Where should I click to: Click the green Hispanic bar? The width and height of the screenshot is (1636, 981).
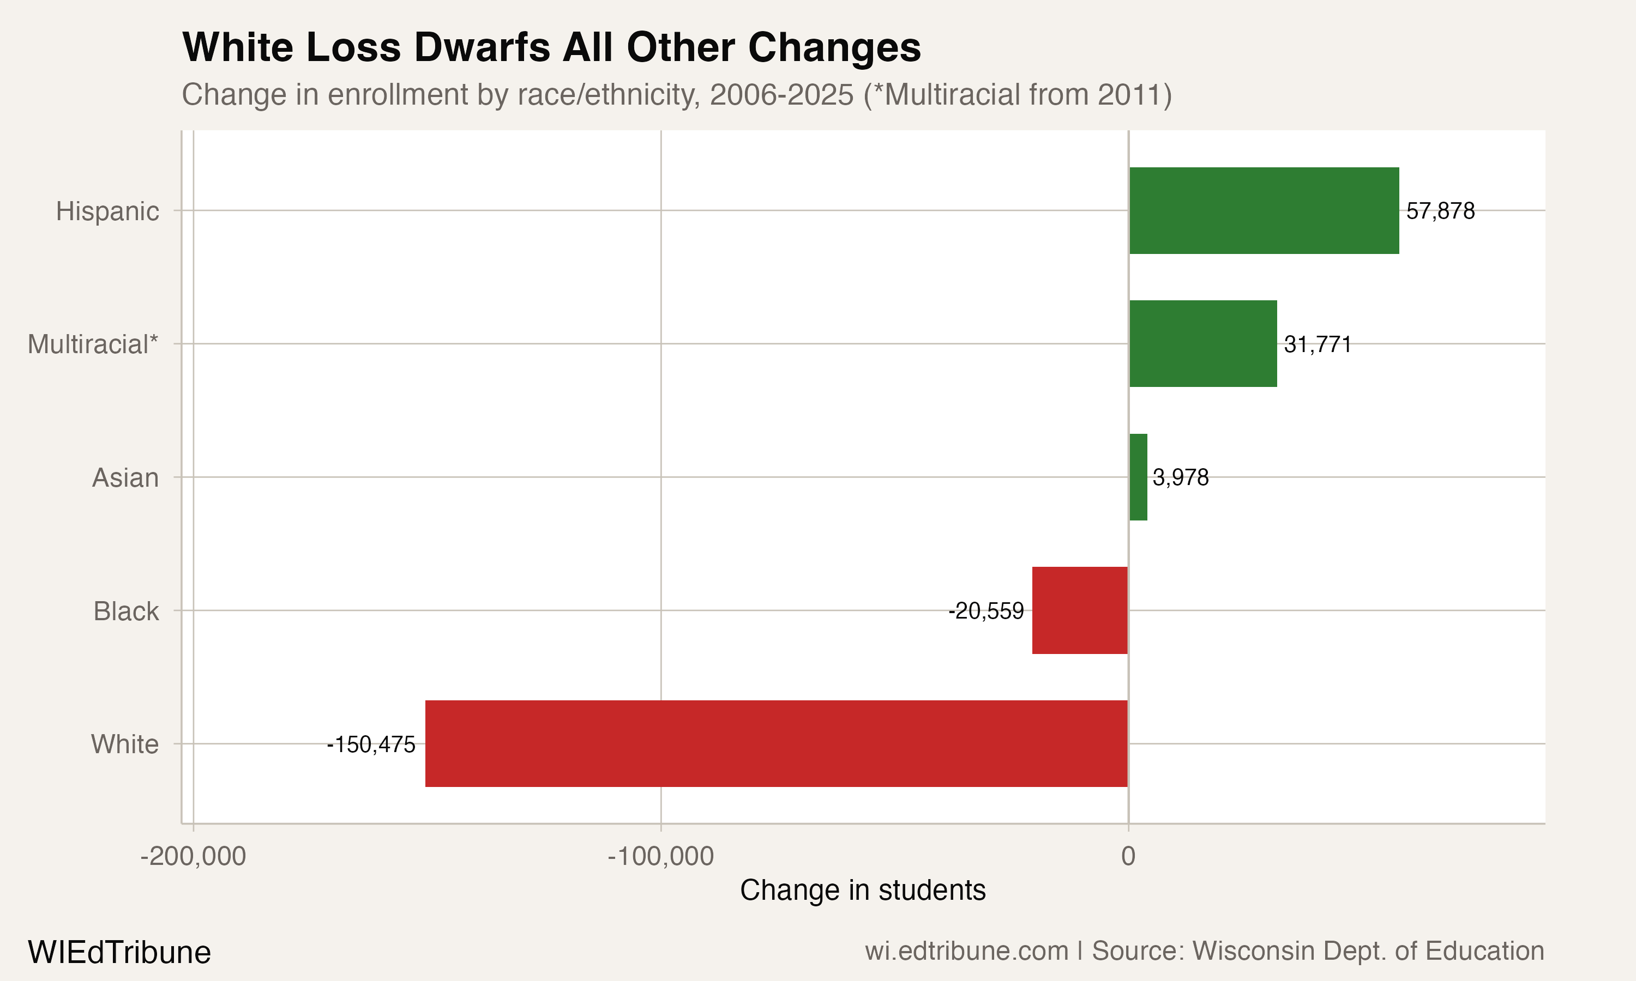1264,210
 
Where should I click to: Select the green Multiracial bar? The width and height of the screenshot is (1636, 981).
1203,344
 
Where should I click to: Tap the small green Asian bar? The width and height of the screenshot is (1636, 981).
1138,477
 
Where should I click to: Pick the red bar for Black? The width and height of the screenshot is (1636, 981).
1080,610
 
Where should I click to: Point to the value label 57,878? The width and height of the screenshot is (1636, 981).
1440,211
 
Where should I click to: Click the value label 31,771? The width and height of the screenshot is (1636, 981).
1318,344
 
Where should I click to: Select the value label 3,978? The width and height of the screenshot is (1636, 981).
1181,477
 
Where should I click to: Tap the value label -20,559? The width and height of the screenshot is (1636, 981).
986,611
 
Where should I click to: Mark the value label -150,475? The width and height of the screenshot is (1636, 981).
371,744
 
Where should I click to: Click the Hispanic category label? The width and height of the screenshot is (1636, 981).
107,211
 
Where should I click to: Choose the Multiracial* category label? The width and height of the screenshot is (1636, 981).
93,344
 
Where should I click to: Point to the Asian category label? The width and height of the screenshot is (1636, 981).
125,478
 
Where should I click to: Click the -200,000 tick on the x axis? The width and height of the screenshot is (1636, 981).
193,856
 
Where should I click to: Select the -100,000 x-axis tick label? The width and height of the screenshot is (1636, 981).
660,856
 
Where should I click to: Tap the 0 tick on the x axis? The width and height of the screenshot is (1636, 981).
1128,856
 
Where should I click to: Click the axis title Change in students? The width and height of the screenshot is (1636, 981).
862,890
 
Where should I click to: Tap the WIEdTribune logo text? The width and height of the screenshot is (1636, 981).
119,952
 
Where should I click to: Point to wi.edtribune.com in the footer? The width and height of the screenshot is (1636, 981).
966,950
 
